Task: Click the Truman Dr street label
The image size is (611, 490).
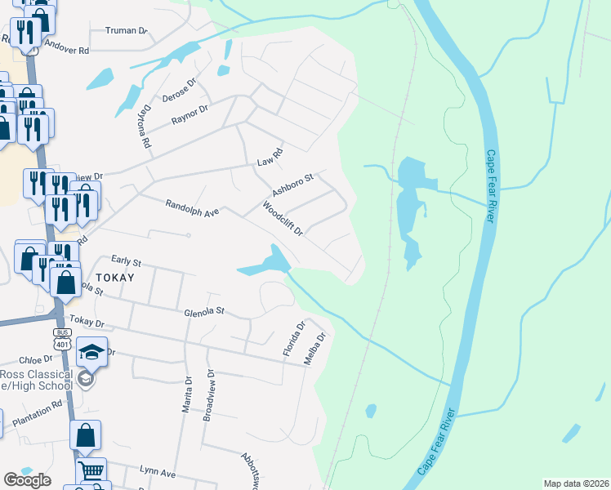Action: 126,31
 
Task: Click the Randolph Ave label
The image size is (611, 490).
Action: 192,208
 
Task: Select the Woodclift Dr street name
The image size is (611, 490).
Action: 283,218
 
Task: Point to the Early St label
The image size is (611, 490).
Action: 127,262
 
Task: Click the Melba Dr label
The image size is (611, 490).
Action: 315,347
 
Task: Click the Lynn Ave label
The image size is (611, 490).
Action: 158,473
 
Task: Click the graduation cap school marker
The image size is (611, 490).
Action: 91,353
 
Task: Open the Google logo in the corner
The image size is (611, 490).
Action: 28,479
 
